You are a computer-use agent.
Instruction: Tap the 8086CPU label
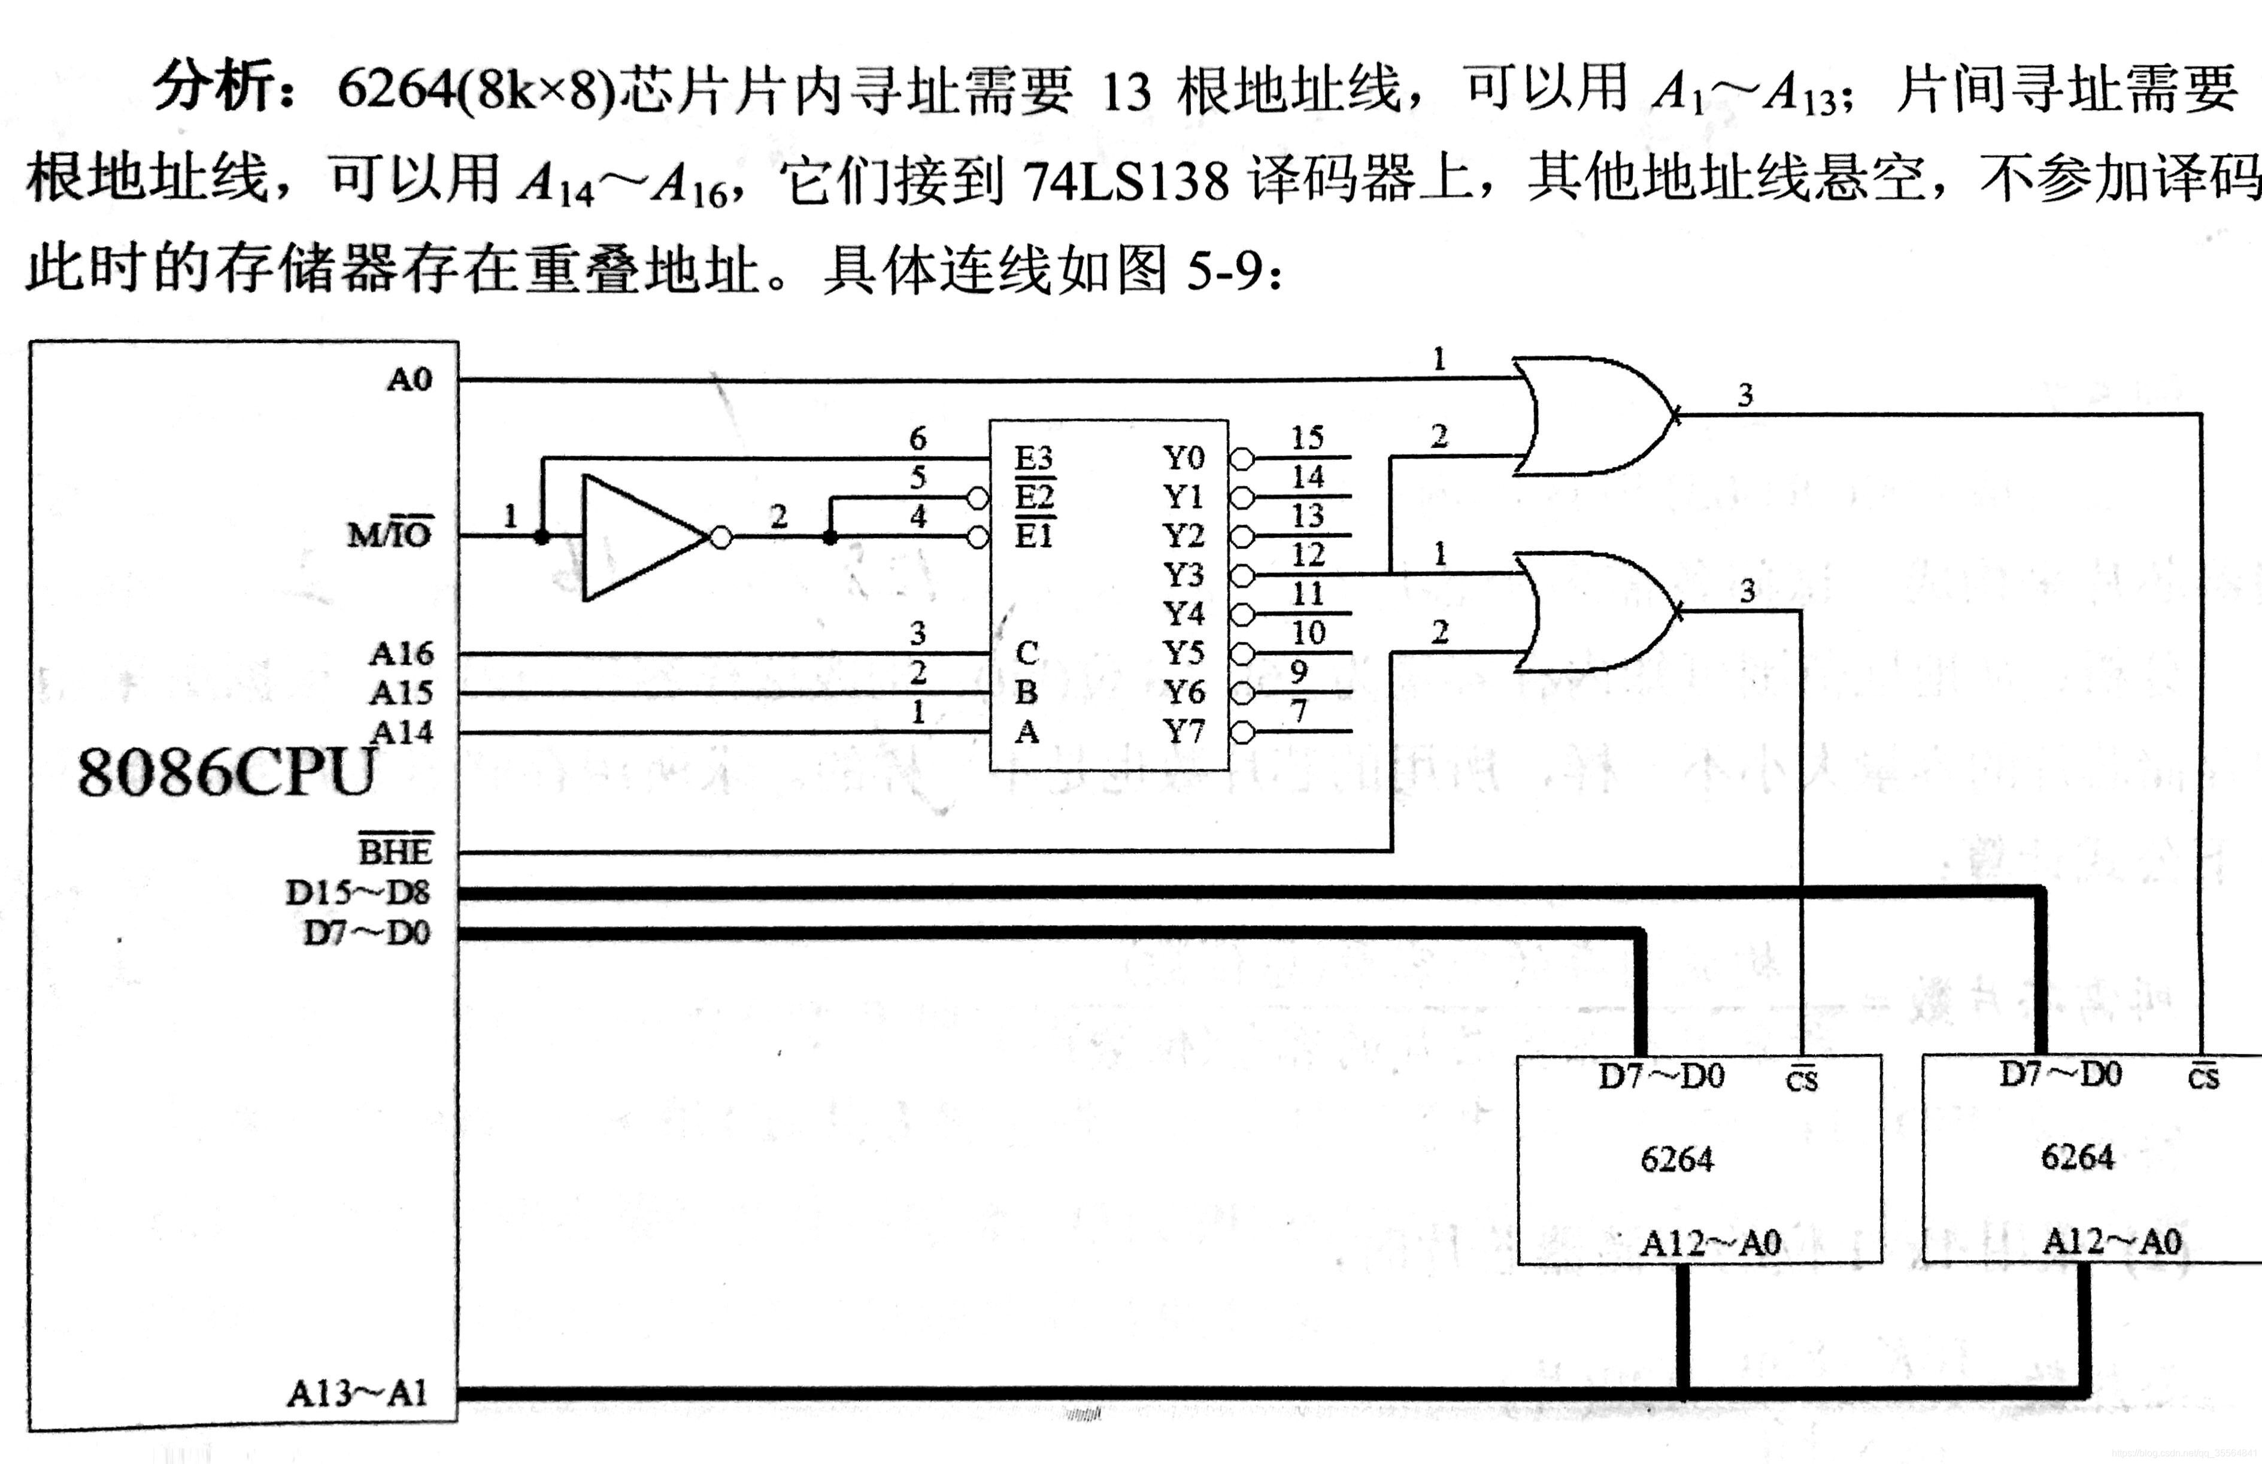click(x=226, y=772)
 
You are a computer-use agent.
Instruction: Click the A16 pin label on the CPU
click(x=401, y=654)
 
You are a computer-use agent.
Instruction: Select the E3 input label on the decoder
click(x=1033, y=458)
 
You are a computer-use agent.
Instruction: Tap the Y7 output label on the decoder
click(x=1183, y=732)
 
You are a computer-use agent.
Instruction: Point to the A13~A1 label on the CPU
click(x=357, y=1394)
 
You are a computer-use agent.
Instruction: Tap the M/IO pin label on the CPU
click(x=390, y=534)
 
